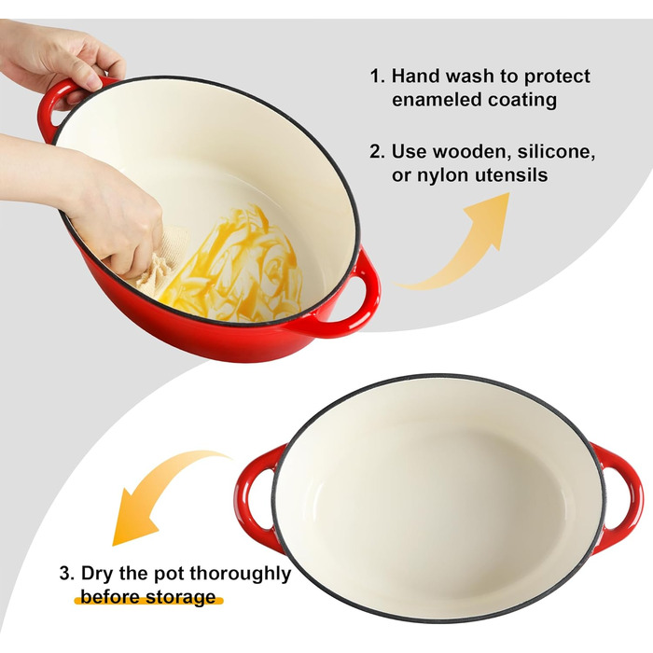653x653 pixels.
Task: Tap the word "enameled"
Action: click(x=436, y=100)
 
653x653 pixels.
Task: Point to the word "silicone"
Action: click(x=556, y=152)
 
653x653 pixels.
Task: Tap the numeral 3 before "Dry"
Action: click(x=66, y=574)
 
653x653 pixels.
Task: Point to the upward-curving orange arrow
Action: click(x=463, y=245)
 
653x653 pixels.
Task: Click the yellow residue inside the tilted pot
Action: click(x=233, y=267)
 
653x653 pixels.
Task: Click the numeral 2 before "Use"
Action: click(x=377, y=151)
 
